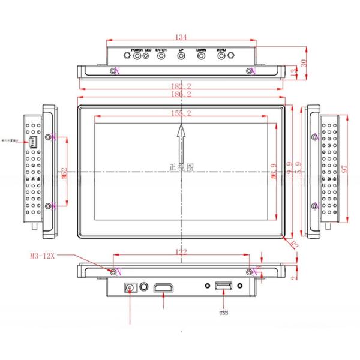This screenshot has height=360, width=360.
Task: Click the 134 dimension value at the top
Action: [181, 38]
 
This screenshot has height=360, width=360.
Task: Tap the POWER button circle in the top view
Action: [137, 56]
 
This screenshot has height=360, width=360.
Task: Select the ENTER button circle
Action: [161, 56]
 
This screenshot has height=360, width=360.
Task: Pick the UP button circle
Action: [181, 56]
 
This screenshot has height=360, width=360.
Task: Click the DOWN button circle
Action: [201, 56]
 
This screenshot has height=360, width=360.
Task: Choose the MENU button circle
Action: [221, 56]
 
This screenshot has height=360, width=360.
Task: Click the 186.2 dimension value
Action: [181, 95]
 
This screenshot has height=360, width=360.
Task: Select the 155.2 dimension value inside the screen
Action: [181, 113]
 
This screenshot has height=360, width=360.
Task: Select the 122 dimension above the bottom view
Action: [181, 253]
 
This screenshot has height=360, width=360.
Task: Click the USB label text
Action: [223, 311]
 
